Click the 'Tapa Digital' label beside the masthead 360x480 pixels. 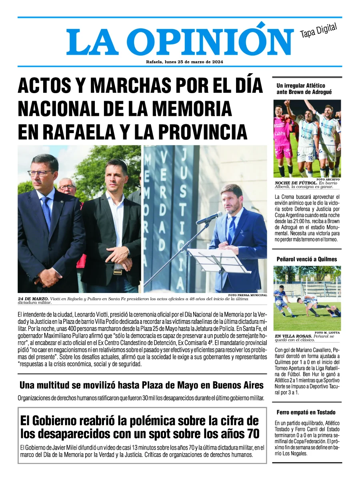point(318,31)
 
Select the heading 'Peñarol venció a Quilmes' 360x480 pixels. point(307,259)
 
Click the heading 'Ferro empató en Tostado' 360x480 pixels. point(306,412)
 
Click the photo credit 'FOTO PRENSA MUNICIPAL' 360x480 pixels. point(247,295)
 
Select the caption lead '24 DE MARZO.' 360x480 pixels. point(33,299)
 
